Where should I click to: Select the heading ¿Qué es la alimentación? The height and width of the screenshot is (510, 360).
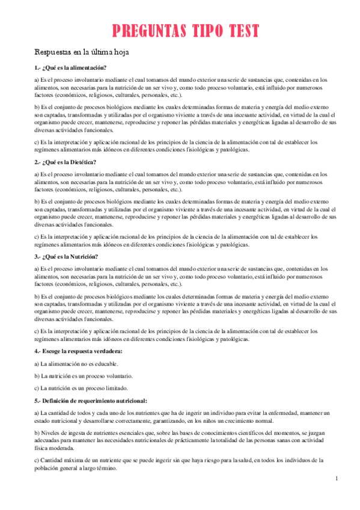click(x=74, y=67)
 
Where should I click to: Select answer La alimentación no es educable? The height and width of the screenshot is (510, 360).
click(x=76, y=364)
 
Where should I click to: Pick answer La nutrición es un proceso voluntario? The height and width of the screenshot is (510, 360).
click(x=84, y=376)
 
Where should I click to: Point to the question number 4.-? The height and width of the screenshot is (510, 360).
click(x=38, y=351)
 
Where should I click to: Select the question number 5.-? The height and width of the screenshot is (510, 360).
click(x=38, y=401)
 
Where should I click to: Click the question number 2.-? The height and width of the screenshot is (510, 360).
click(x=38, y=162)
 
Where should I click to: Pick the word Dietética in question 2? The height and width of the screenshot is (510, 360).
click(x=82, y=162)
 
